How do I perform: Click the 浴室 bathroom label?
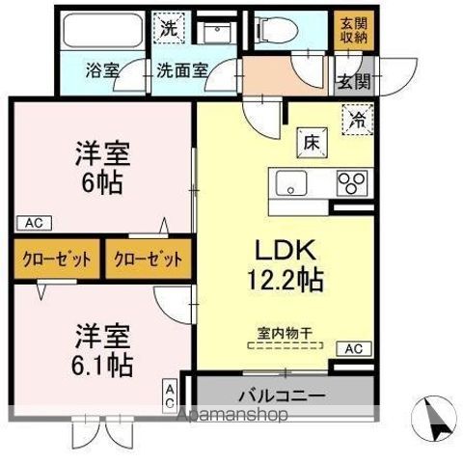102,70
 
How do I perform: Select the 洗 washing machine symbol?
170,29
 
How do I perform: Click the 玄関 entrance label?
353,81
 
